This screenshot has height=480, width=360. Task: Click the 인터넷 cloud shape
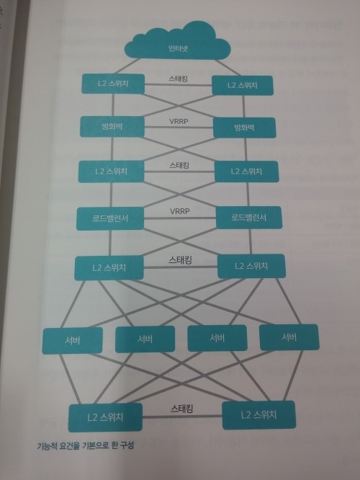[177, 43]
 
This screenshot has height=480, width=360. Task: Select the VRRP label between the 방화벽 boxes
[179, 122]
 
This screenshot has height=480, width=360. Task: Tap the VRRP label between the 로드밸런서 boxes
[180, 211]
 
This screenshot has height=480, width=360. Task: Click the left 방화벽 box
[112, 126]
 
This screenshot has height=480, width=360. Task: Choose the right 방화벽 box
[244, 128]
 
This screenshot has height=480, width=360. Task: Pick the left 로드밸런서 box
[110, 218]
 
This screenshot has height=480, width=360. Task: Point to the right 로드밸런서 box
[249, 218]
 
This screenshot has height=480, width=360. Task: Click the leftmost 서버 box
[73, 340]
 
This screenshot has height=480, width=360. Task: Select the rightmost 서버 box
[289, 337]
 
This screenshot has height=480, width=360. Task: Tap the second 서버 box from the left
[145, 339]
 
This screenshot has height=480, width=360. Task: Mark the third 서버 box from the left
[217, 338]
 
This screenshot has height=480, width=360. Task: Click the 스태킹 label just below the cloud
[178, 79]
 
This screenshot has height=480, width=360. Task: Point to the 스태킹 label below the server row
[182, 409]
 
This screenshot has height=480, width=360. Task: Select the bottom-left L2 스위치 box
[105, 417]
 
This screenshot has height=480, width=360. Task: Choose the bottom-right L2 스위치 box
[258, 415]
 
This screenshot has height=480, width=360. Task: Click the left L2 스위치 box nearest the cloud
[113, 84]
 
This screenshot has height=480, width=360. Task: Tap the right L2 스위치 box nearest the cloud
[242, 86]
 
